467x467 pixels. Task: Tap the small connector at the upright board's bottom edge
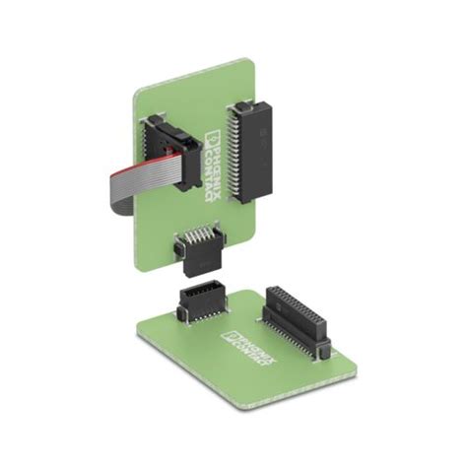click(x=195, y=249)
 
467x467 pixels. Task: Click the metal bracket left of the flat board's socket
click(x=181, y=313)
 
